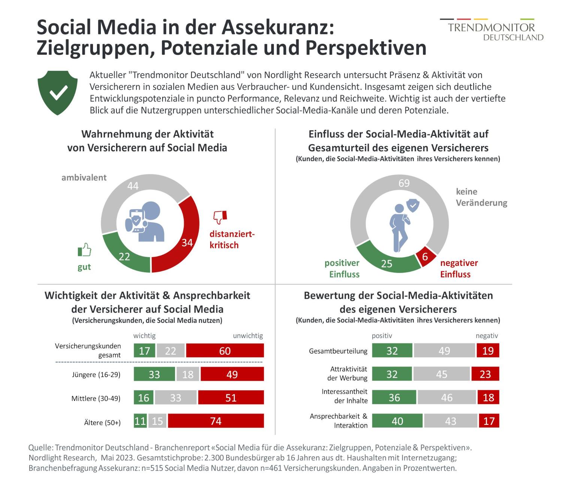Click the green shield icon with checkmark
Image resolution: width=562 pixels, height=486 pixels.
tap(58, 92)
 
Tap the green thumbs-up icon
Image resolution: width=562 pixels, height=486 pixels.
tap(84, 250)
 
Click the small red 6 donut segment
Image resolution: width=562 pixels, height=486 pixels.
tap(426, 256)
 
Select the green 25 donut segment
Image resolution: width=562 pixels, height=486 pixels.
tap(388, 262)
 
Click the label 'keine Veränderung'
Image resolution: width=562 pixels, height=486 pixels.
tap(481, 197)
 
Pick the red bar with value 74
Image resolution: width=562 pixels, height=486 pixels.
tap(216, 421)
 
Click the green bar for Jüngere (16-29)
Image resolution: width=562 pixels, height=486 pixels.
tap(154, 374)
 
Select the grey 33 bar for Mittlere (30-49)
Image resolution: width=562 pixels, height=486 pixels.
tap(176, 398)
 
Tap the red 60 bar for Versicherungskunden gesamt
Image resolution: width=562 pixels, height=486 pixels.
tap(225, 351)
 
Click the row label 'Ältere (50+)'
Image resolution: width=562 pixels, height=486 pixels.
tap(102, 423)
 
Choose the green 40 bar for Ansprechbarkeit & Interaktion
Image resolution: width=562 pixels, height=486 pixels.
tap(397, 421)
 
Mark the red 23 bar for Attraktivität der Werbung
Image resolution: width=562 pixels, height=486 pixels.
tap(485, 374)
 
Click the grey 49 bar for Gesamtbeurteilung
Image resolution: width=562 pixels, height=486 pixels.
tap(444, 351)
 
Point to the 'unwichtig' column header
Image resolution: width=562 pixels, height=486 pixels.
tap(248, 335)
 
